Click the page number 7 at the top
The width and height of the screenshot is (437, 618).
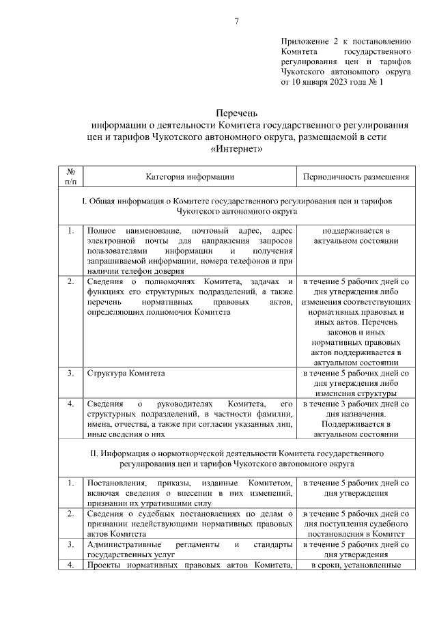click(236, 20)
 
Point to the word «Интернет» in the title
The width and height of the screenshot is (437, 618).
click(237, 148)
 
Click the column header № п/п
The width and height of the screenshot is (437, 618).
click(70, 176)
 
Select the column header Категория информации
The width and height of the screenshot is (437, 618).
click(189, 177)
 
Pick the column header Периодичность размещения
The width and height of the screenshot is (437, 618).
click(356, 177)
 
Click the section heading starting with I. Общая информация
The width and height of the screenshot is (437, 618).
click(237, 207)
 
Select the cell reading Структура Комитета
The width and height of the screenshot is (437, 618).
click(126, 374)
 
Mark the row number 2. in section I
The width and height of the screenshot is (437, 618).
click(70, 281)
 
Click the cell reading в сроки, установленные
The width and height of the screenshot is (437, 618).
click(356, 564)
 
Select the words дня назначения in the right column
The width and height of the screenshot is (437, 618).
click(356, 413)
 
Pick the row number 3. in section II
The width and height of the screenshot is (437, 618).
click(70, 544)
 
